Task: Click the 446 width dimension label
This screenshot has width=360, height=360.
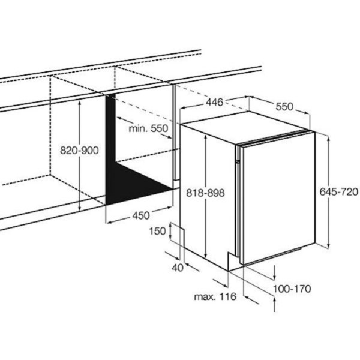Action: coord(214,102)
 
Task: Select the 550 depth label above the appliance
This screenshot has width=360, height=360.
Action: coord(284,107)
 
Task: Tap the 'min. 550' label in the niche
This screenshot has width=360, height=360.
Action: coord(148,128)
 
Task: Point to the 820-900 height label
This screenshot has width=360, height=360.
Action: coord(79,151)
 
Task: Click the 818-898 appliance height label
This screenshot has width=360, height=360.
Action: coord(205,193)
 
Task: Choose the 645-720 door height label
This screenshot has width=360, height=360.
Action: coord(339,192)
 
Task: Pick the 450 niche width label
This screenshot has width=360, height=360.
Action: coord(141,215)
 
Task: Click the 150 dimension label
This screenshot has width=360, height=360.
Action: coord(157,231)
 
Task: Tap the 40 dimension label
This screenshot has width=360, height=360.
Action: coord(178,268)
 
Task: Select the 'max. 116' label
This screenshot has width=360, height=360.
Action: coord(215,296)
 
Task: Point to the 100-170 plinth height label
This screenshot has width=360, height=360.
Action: coord(292,289)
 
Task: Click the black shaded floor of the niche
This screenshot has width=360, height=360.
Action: coord(136,184)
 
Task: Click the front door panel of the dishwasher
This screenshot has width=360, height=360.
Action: coord(278,197)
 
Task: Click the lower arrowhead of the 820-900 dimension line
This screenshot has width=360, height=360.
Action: coord(79,208)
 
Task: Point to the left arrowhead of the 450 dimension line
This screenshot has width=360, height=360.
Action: coord(110,222)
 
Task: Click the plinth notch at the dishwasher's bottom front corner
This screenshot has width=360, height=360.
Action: coord(232,261)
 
